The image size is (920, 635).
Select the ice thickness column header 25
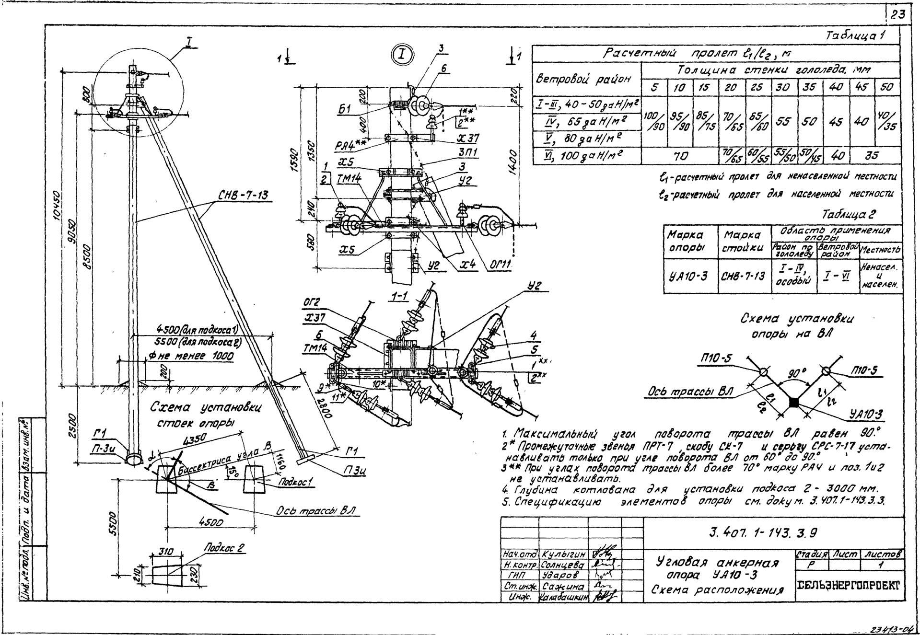coord(757,88)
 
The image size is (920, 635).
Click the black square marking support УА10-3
coord(794,403)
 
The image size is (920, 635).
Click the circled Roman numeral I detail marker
coord(402,55)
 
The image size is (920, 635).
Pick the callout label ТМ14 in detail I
coord(348,178)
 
